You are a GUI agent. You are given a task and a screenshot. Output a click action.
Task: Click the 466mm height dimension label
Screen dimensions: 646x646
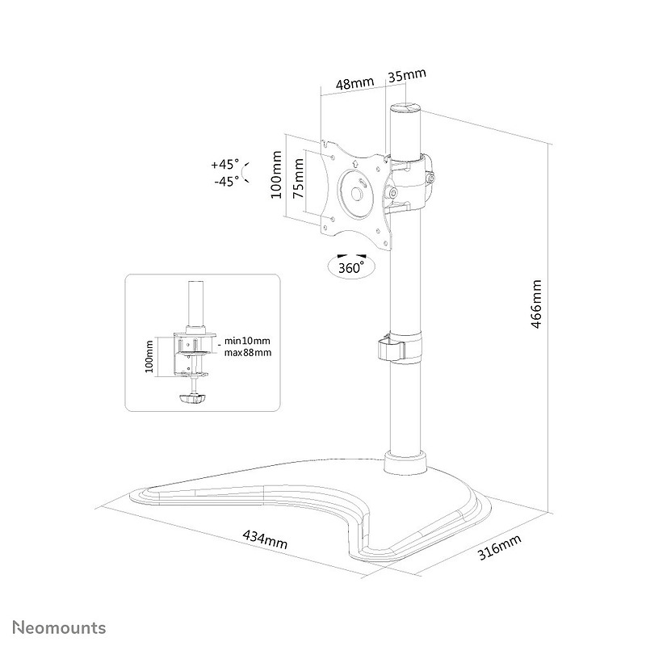click(x=536, y=304)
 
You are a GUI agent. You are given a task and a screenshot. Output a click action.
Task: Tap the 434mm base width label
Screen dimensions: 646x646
click(x=265, y=539)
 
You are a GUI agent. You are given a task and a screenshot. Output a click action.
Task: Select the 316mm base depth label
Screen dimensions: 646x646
click(x=499, y=547)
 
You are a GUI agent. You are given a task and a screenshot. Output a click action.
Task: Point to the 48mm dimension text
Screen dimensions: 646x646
click(x=354, y=83)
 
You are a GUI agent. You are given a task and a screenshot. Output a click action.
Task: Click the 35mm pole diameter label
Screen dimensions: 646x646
click(x=407, y=75)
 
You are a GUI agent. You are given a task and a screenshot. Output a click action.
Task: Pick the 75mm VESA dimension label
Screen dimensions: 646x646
click(x=298, y=178)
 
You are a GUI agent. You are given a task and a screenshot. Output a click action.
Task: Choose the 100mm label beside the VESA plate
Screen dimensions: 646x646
click(x=276, y=174)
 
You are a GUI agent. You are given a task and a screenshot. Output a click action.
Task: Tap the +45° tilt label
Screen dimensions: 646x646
click(x=225, y=165)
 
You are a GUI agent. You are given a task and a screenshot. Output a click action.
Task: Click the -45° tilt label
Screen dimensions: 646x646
click(x=227, y=181)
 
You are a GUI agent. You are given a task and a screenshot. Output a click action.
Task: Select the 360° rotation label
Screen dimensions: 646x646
click(x=351, y=268)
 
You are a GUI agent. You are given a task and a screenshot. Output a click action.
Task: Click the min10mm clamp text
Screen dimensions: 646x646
click(x=247, y=341)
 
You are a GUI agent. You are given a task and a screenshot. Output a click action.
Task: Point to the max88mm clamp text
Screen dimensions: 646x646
click(x=248, y=353)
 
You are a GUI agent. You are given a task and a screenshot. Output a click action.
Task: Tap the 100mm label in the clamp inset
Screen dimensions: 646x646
click(x=149, y=356)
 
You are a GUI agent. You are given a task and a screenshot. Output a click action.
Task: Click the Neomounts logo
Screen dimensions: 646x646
click(x=59, y=628)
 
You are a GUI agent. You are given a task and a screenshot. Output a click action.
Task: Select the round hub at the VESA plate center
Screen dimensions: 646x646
click(x=357, y=194)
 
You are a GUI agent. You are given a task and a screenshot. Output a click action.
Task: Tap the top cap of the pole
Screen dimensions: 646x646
click(x=406, y=108)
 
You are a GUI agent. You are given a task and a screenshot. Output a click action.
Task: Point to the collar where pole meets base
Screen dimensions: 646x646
click(x=405, y=463)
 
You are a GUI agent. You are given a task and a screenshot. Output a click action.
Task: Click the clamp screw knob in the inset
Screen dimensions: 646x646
click(x=192, y=399)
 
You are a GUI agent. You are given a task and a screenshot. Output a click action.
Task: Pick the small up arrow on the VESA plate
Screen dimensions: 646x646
click(x=354, y=163)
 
